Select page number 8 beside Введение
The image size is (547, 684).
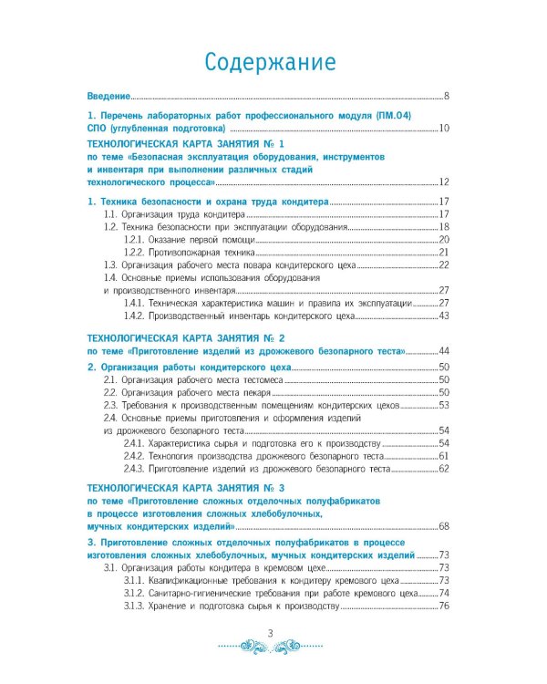[x=447, y=96]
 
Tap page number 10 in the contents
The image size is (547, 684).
[x=444, y=129]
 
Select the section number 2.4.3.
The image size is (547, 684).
[x=135, y=469]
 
